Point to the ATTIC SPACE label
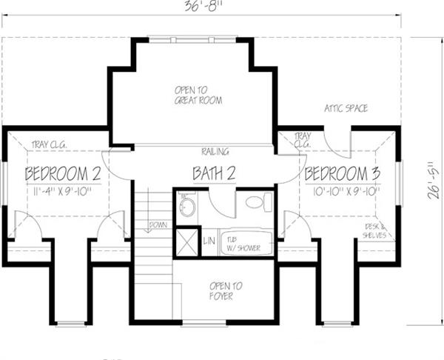click(346, 108)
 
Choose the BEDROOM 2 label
click(63, 174)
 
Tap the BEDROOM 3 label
click(342, 174)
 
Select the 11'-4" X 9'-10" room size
click(63, 191)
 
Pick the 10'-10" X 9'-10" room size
click(342, 191)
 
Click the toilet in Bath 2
click(254, 202)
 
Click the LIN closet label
click(209, 241)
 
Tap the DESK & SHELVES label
click(375, 230)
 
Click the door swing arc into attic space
click(337, 145)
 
